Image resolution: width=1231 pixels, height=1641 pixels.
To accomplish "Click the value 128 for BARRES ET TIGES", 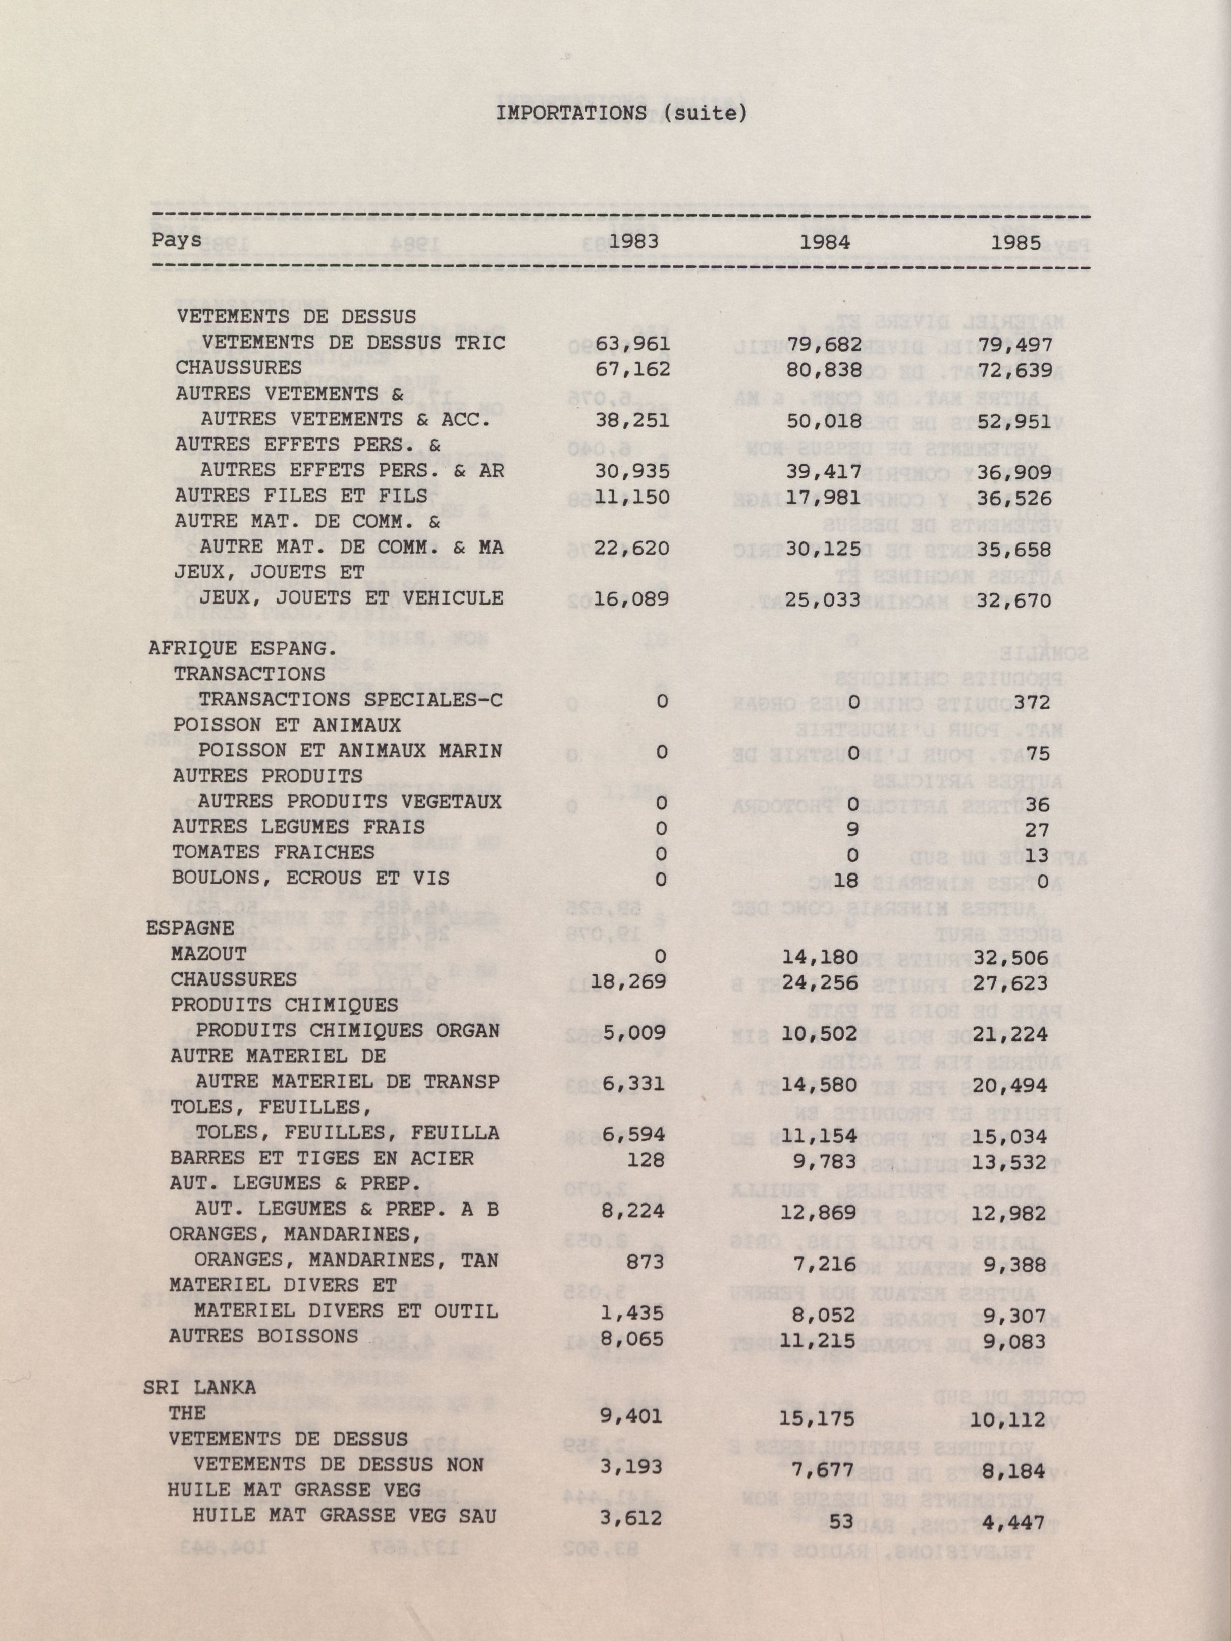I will (x=650, y=1159).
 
